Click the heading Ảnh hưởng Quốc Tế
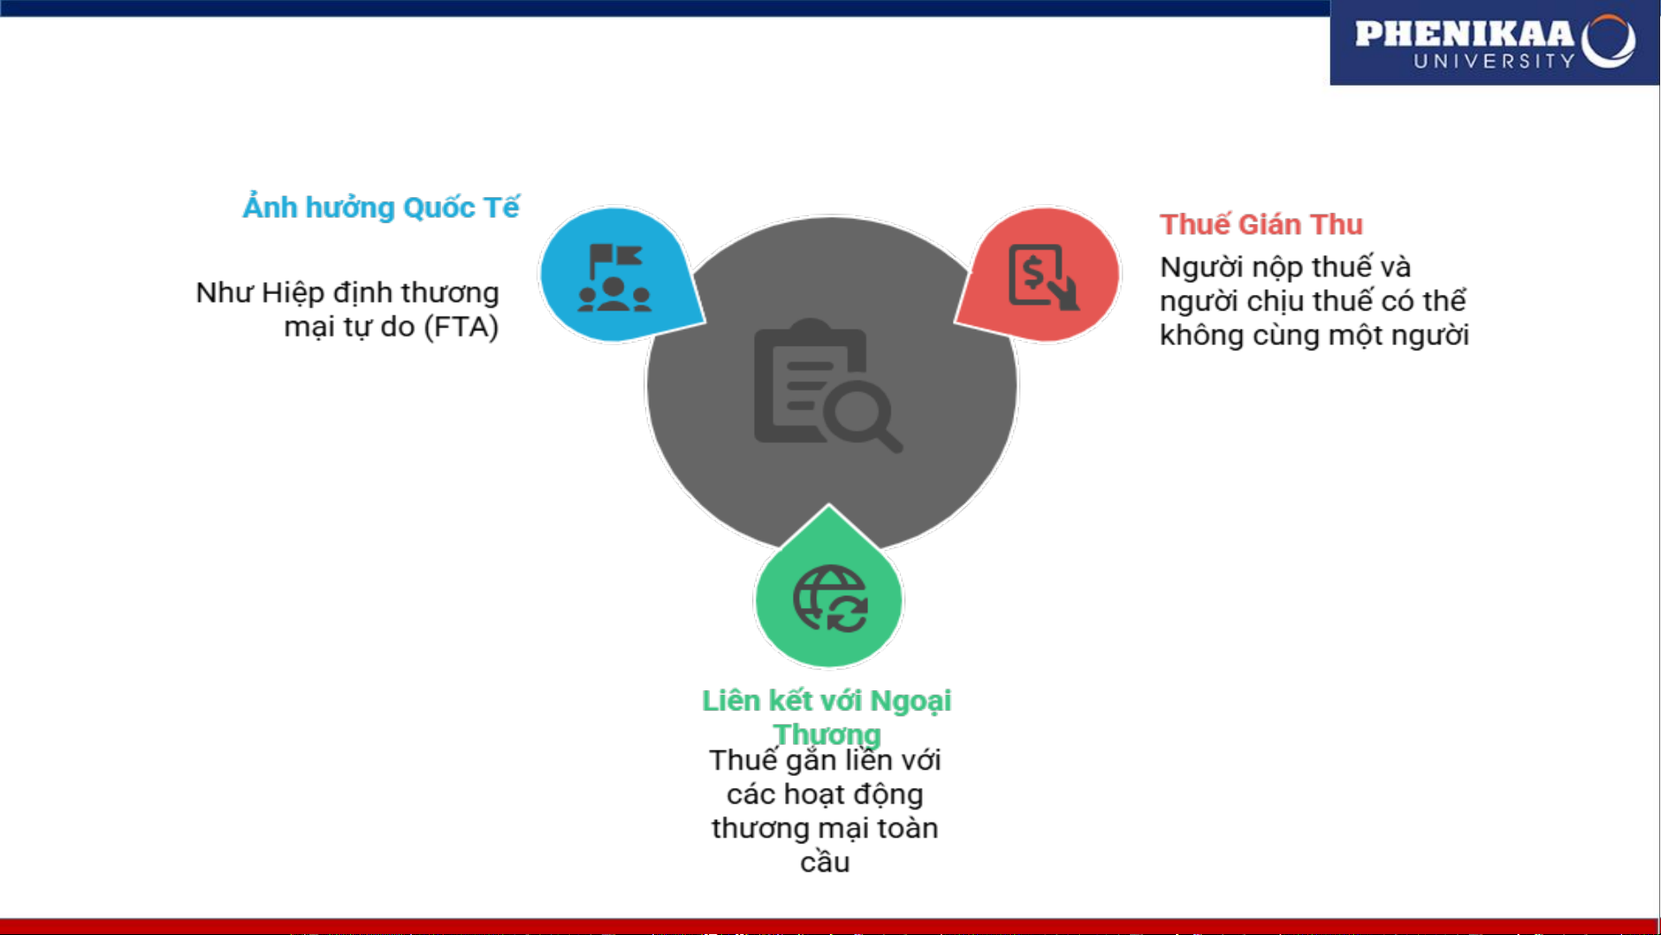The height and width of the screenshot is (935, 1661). pos(380,208)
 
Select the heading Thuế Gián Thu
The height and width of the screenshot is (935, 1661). pos(1261,224)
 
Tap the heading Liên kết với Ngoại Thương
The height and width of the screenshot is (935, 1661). pos(827,717)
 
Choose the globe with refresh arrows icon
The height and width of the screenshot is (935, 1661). pos(830,599)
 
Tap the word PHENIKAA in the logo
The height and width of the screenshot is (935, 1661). pos(1464,34)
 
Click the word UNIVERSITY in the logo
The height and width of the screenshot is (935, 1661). pos(1494,61)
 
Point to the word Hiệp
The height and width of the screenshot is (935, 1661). pos(291,293)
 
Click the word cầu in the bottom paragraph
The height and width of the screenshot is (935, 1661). pos(825,862)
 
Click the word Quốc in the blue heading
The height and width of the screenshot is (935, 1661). pos(438,208)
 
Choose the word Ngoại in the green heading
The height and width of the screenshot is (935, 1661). pos(910,701)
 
